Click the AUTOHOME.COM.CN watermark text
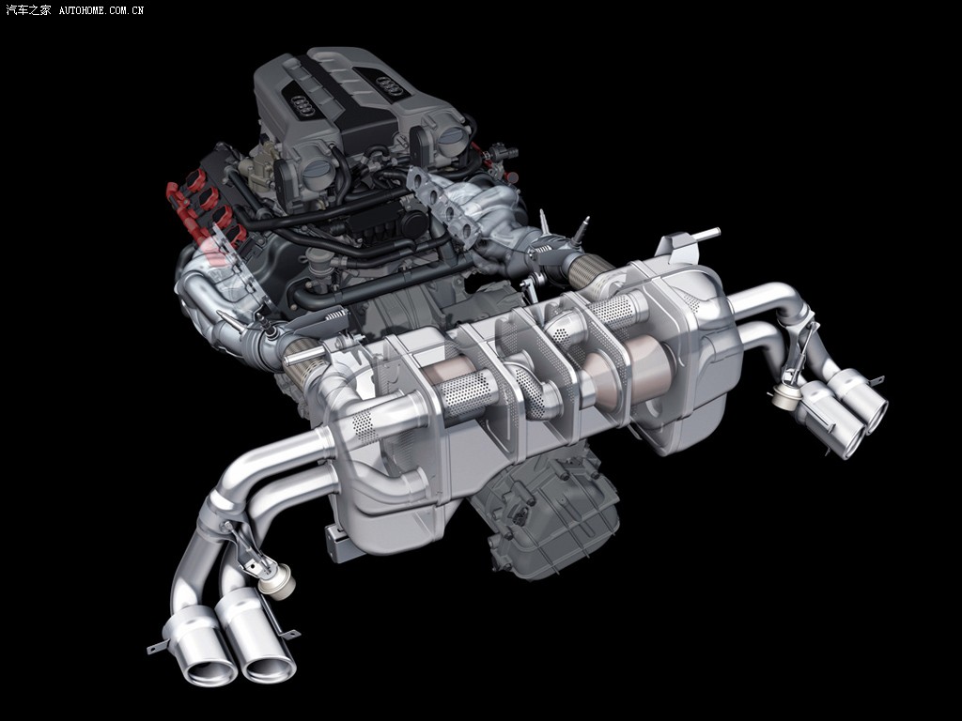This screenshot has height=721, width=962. point(101,10)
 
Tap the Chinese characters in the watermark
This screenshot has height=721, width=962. point(29,9)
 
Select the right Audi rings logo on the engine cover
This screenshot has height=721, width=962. point(389,85)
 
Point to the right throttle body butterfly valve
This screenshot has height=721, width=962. point(452,134)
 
